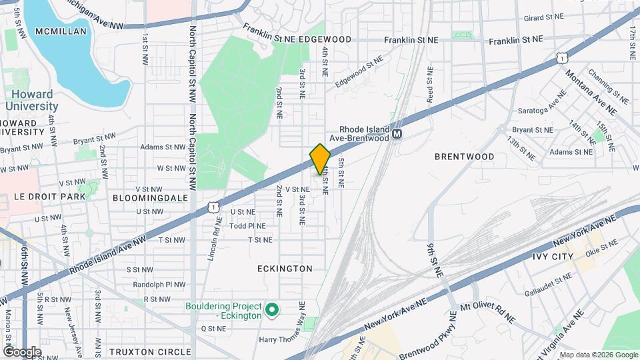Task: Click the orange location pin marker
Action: [320, 159]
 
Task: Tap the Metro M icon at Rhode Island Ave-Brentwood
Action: [397, 134]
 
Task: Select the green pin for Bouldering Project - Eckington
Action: [271, 310]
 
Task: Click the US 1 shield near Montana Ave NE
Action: [564, 59]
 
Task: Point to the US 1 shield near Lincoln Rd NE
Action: [213, 207]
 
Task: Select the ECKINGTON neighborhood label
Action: [285, 269]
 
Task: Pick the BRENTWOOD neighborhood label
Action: [465, 157]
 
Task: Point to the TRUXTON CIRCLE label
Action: [141, 352]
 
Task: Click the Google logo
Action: [22, 351]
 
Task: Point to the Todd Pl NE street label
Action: [247, 226]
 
